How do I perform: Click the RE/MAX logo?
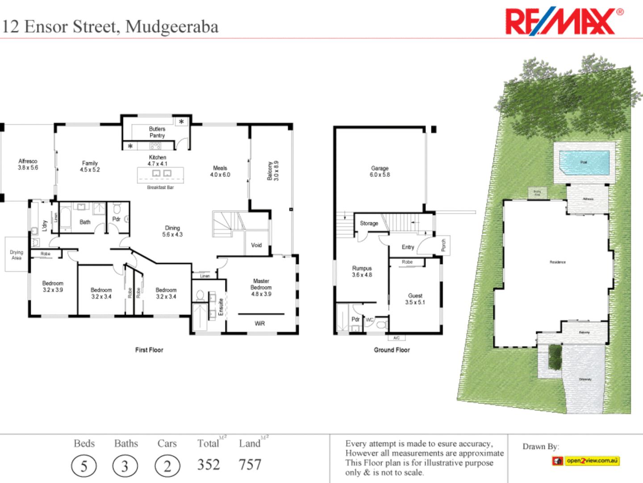coord(564,21)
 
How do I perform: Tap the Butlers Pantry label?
coord(157,132)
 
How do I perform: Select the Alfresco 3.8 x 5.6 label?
coord(28,164)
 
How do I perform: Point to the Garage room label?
coord(380,171)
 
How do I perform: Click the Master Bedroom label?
coord(261,287)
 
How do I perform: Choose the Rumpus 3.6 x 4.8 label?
coord(362,271)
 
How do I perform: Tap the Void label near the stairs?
coord(256,245)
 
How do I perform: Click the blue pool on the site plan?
coord(584,162)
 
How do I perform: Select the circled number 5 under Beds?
coord(84,466)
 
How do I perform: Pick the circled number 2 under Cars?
coord(167,466)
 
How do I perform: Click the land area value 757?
coord(250,465)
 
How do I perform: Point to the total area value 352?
coord(209,465)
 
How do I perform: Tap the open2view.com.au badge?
coord(586,461)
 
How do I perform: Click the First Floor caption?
coord(149,350)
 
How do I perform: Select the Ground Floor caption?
coord(392,350)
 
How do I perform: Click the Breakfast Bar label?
coord(160,187)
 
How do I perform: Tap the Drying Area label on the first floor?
coord(17,255)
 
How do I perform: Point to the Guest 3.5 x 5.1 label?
coord(415,299)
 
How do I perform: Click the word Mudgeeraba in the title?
coord(172,27)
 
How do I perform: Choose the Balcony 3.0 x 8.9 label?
coord(273,171)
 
